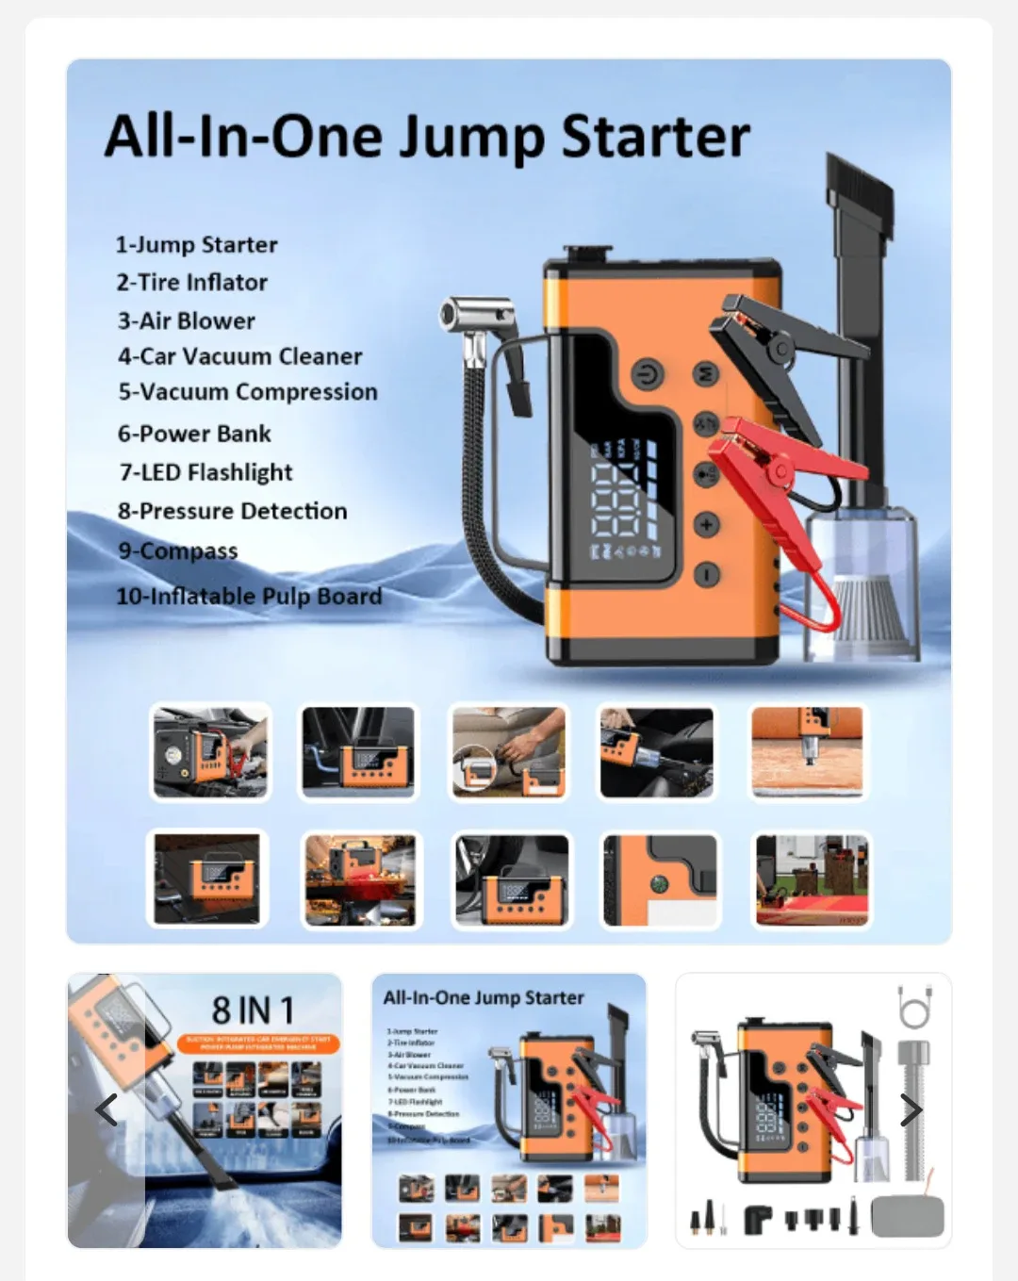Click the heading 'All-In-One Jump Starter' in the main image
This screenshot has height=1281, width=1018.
pyautogui.click(x=427, y=138)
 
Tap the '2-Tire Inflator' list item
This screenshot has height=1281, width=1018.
pyautogui.click(x=192, y=282)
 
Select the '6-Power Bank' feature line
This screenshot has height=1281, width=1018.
pyautogui.click(x=194, y=434)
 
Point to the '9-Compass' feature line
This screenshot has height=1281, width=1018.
pyautogui.click(x=178, y=550)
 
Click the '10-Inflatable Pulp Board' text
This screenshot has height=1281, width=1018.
pyautogui.click(x=249, y=596)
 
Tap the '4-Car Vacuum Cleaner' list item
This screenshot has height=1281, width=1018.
pyautogui.click(x=239, y=356)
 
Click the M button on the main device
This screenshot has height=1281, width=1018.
pyautogui.click(x=706, y=373)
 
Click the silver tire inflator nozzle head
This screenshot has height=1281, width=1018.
pyautogui.click(x=479, y=314)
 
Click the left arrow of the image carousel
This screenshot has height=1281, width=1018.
pyautogui.click(x=107, y=1110)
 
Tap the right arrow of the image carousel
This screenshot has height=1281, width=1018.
pyautogui.click(x=911, y=1110)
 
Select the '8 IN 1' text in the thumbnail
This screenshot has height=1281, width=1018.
pyautogui.click(x=253, y=1010)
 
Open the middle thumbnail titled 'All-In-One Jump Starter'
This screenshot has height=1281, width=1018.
pyautogui.click(x=509, y=1110)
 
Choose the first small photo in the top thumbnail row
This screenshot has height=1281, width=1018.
pyautogui.click(x=210, y=752)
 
